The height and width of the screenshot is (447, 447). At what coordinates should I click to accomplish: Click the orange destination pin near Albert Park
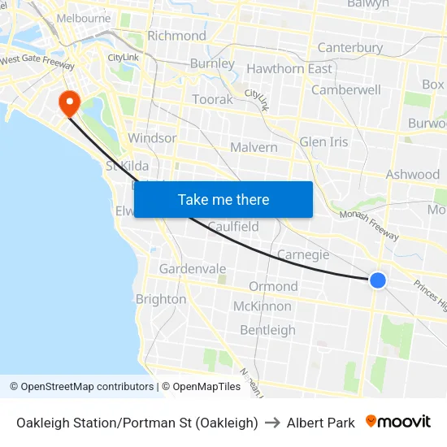[68, 102]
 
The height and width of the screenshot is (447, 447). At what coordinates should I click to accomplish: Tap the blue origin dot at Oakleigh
[377, 280]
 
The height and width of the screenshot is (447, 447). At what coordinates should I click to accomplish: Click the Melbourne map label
[84, 18]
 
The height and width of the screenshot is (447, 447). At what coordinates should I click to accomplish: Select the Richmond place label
[176, 36]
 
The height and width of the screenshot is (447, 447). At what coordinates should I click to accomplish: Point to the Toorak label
[212, 99]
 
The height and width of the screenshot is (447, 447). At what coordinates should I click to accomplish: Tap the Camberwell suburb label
[345, 89]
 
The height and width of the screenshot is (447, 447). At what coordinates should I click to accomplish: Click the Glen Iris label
[323, 141]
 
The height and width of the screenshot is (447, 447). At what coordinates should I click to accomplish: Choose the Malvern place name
[254, 147]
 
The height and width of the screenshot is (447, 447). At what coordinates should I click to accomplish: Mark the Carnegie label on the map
[303, 254]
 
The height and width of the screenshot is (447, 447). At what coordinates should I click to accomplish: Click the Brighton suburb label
[160, 298]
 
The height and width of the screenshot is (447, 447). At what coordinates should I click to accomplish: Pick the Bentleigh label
[267, 330]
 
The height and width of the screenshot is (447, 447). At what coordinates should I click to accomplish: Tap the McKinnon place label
[262, 306]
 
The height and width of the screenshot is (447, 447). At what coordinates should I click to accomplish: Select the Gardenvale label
[193, 268]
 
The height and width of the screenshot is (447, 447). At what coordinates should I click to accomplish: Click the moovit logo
[397, 422]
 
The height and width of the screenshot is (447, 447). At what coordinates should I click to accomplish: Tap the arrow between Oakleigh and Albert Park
[272, 423]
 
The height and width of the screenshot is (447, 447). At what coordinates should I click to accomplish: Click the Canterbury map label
[349, 47]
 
